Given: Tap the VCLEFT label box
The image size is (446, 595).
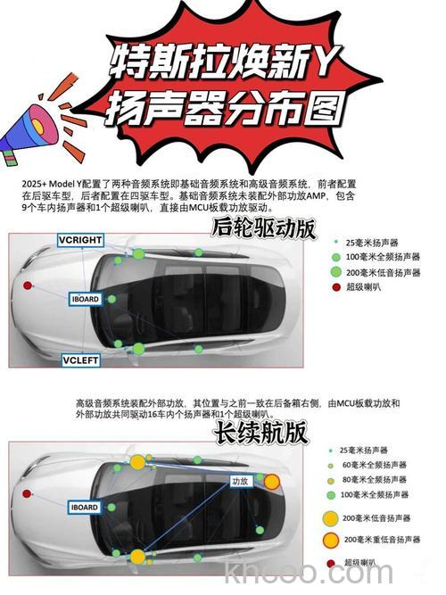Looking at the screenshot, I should click(x=80, y=359).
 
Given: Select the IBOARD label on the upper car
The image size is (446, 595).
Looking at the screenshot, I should click(x=86, y=300).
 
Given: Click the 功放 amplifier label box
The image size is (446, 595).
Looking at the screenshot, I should click(x=239, y=481).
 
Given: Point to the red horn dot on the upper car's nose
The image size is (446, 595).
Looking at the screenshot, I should click(x=28, y=285).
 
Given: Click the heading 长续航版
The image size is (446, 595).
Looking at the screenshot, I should click(x=260, y=432).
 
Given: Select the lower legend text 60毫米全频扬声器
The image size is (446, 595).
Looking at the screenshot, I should click(x=375, y=465).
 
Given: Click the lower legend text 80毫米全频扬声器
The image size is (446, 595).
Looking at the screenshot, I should click(x=375, y=479).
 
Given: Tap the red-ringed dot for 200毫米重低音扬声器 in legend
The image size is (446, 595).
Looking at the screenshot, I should click(x=331, y=540).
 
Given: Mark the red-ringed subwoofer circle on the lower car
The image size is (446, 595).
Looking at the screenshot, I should click(x=271, y=482).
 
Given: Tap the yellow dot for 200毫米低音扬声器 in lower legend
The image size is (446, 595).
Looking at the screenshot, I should click(x=331, y=517).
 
